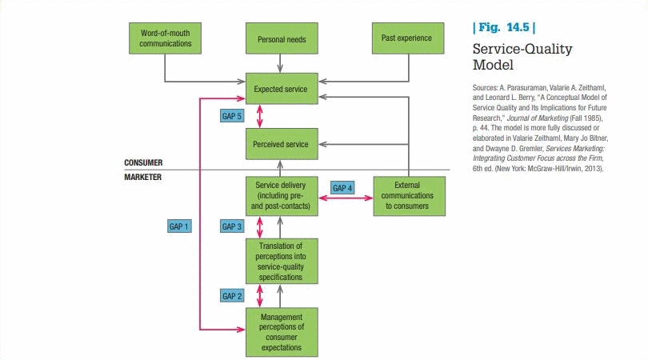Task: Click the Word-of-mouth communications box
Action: (166, 38)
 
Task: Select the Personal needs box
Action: (281, 38)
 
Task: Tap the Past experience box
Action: (408, 38)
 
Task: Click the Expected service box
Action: (281, 88)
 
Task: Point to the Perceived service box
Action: (281, 145)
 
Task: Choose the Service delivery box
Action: (281, 196)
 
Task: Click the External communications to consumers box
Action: (408, 196)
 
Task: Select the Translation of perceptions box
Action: (281, 261)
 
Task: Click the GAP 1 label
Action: (180, 226)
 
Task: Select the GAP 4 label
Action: (342, 188)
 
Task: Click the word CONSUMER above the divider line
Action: (143, 162)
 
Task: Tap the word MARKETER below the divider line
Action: (143, 177)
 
